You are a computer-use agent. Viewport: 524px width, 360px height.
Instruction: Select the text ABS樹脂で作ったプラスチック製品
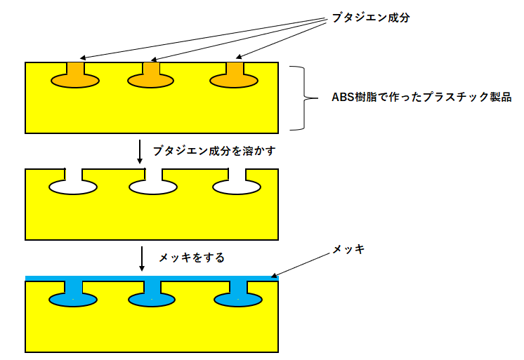(x=421, y=98)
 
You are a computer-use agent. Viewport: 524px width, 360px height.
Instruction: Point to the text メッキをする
(x=191, y=258)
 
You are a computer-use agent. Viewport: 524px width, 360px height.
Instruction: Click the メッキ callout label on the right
(x=349, y=249)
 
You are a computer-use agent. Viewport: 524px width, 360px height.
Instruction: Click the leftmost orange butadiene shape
(x=74, y=79)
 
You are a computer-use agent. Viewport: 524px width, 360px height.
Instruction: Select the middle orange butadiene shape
(x=151, y=79)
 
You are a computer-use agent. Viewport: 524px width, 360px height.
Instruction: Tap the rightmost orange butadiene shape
(x=235, y=79)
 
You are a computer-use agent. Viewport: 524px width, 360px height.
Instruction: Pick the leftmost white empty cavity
(x=73, y=186)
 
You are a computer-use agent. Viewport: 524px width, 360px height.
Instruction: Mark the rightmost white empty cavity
(x=236, y=186)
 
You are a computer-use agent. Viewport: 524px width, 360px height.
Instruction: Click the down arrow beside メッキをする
(x=142, y=258)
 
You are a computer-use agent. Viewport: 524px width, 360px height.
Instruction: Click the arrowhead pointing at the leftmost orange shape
(x=83, y=58)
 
